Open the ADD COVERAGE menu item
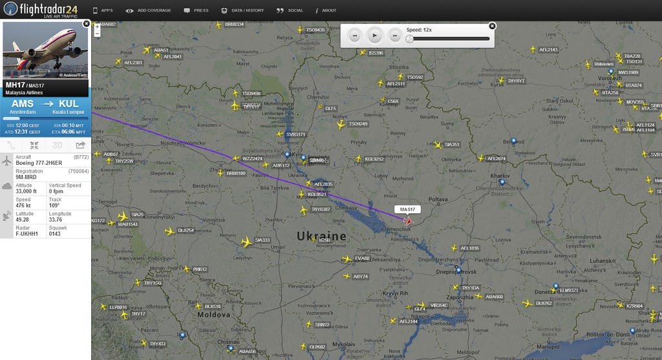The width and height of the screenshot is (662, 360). [x=150, y=11]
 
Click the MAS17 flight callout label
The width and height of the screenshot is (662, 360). [x=407, y=209]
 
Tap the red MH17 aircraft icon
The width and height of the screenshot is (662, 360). [x=408, y=221]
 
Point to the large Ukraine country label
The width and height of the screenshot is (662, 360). [x=322, y=237]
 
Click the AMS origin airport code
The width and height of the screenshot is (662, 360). [x=23, y=103]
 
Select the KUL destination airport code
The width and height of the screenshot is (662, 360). [x=69, y=103]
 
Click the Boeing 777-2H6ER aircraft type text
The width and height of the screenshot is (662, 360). [x=38, y=163]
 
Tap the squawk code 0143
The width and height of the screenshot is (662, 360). [x=56, y=234]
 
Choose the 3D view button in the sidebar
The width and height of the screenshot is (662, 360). [x=58, y=145]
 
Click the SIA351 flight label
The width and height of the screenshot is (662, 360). [x=451, y=145]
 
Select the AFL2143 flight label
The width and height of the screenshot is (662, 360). [x=548, y=50]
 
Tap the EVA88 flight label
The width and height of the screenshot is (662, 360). [x=362, y=259]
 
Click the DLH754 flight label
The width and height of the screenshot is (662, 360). [x=186, y=231]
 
